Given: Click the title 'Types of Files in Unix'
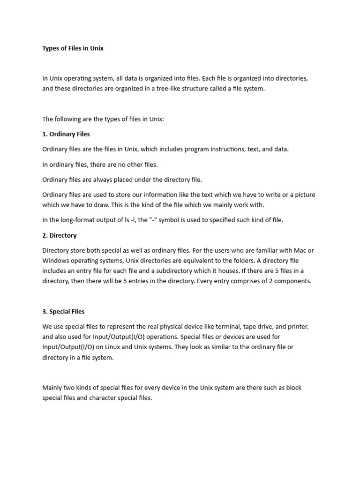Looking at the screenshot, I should tap(73, 48).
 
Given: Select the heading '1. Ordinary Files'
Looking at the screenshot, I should tap(66, 134).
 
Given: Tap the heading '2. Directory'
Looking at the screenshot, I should tap(60, 235).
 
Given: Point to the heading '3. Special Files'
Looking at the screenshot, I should tap(64, 311).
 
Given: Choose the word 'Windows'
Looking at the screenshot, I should tap(56, 261).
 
